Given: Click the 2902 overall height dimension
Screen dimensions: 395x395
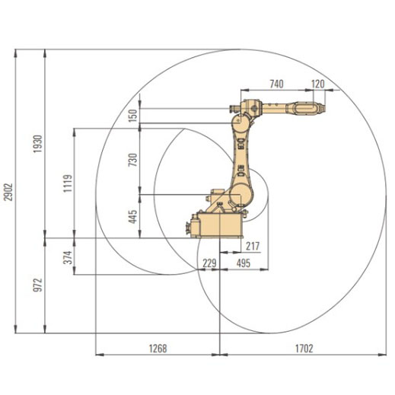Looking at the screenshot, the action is [x=8, y=192].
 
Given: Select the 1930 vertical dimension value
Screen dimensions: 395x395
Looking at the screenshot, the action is [x=38, y=144].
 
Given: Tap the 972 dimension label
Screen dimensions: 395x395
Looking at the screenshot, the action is [x=38, y=285].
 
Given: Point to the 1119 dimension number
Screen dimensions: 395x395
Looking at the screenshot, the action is [x=68, y=183].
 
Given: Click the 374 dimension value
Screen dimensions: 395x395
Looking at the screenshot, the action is [x=68, y=257].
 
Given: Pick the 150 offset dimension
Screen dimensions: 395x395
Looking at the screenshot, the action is [x=132, y=116].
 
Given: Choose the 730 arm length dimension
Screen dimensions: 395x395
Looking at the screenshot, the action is [x=132, y=160].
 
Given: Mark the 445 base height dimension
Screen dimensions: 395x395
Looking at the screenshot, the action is [x=132, y=217].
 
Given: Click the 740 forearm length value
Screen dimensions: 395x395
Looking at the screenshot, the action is [x=276, y=84].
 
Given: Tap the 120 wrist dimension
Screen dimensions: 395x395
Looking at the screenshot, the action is [x=318, y=84].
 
